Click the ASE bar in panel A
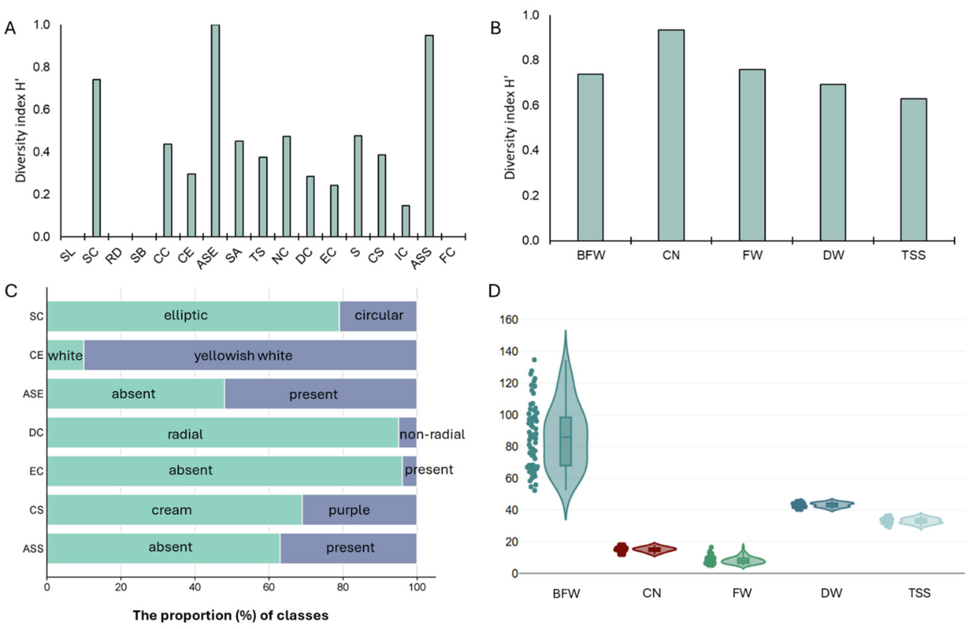(215, 131)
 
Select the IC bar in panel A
(406, 221)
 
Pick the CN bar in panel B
(671, 135)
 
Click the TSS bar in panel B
(914, 169)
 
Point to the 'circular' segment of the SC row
(378, 316)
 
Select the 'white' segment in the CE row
(65, 356)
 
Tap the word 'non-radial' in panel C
(432, 434)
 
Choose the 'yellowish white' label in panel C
(243, 356)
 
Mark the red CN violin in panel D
(654, 549)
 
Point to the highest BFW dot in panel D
(534, 360)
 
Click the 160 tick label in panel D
(509, 320)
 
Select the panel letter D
(494, 291)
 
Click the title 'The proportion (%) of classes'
(231, 615)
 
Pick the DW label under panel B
(833, 256)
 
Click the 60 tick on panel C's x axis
(269, 587)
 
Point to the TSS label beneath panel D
(919, 593)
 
